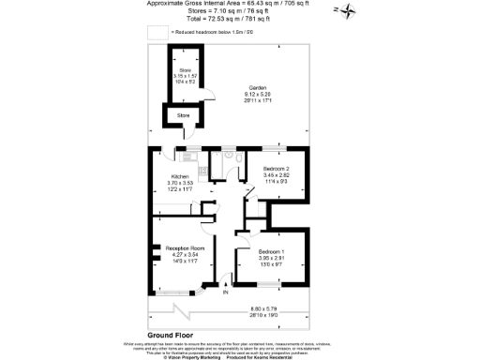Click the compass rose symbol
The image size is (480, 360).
347,11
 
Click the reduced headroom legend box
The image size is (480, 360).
156,31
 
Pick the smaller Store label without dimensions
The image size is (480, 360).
183,115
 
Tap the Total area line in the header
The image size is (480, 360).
240,19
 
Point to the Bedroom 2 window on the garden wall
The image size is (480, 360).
275,148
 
